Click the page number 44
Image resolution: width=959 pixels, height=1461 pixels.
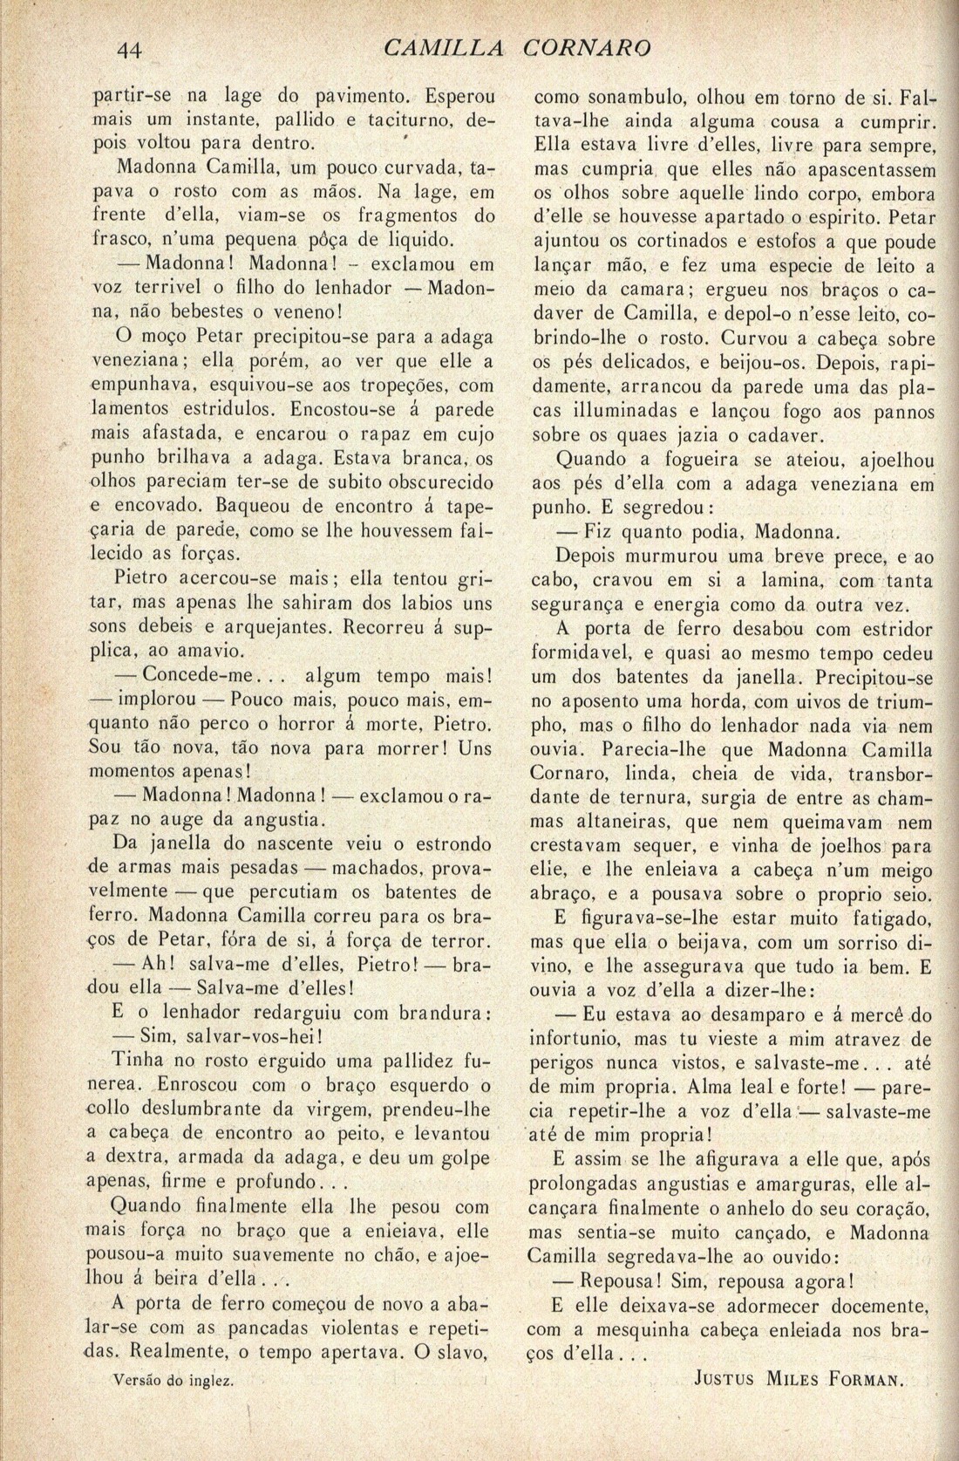(131, 50)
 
